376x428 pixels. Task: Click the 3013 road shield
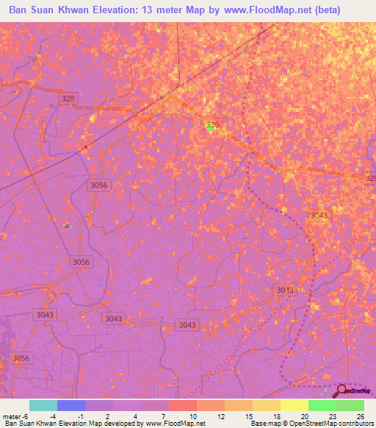[285, 290]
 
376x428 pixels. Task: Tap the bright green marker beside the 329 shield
[211, 128]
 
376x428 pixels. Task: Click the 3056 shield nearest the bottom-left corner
[22, 358]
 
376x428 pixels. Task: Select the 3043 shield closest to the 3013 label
[319, 215]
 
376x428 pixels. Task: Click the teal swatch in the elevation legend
[43, 405]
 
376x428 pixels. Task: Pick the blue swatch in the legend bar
[71, 405]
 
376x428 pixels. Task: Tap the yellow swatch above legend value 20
[294, 405]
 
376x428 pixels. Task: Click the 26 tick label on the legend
[360, 415]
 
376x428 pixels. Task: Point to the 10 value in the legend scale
[192, 415]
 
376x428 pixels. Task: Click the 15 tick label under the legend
[249, 415]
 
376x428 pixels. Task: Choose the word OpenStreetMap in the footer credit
[306, 424]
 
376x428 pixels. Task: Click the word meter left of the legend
[12, 415]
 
